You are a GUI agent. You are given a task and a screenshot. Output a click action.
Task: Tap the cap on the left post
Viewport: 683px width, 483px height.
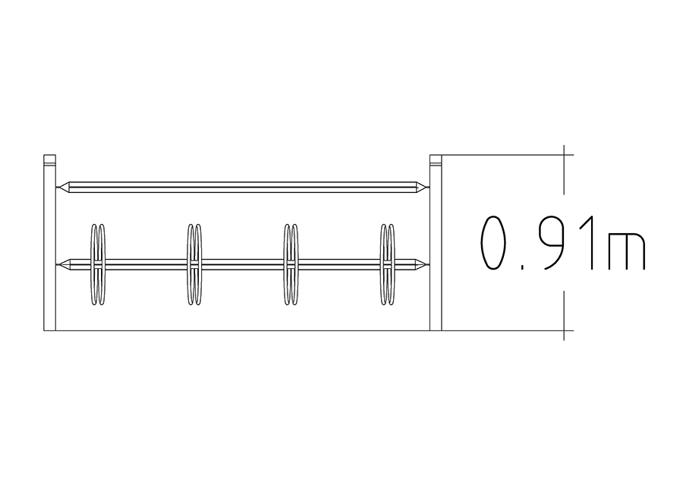pyautogui.click(x=49, y=159)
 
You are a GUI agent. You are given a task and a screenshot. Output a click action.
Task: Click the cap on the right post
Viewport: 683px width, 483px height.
pyautogui.click(x=436, y=159)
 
